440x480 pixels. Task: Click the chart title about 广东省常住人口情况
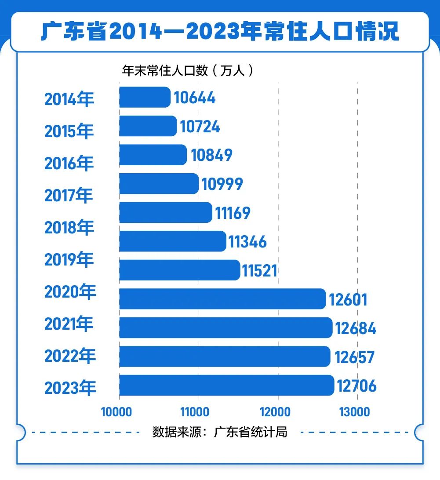click(x=220, y=32)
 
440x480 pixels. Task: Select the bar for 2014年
click(x=145, y=97)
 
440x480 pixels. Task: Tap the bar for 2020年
click(x=222, y=299)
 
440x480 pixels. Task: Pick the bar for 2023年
click(x=226, y=385)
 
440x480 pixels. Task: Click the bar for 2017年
click(x=159, y=184)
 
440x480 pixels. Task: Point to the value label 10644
click(x=195, y=98)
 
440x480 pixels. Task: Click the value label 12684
click(x=356, y=328)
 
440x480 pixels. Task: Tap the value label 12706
click(x=356, y=386)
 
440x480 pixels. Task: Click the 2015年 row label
click(x=69, y=131)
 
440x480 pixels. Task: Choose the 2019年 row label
click(x=69, y=260)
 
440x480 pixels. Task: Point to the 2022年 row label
click(x=70, y=356)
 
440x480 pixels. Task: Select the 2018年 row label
click(x=69, y=228)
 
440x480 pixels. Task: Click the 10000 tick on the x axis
click(x=116, y=412)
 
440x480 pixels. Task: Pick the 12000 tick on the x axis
click(x=275, y=412)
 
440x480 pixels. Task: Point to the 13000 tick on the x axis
click(x=354, y=412)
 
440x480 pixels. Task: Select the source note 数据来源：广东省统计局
click(x=220, y=432)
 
